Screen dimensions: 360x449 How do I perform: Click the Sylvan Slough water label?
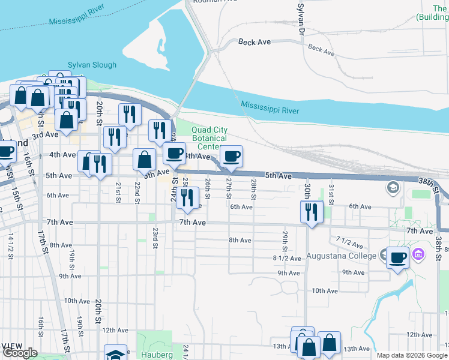point(92,65)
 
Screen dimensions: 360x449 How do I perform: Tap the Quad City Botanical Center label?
point(209,138)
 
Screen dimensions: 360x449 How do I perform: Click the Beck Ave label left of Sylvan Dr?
point(255,42)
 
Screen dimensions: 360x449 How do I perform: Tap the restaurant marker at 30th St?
point(312,211)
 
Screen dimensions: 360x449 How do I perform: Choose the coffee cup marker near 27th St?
point(231,157)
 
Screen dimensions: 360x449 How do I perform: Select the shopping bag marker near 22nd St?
point(144,160)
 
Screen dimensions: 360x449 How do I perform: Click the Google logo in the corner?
point(20,353)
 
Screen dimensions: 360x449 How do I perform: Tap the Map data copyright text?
point(412,355)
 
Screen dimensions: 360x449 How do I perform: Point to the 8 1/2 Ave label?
point(286,257)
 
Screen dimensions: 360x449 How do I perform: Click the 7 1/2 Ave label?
point(350,242)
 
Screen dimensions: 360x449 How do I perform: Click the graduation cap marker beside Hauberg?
point(115,354)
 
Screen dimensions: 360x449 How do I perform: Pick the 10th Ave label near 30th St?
point(325,291)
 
